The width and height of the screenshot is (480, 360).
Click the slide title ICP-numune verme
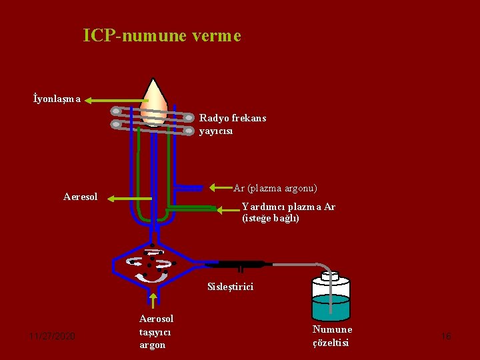pos(162,35)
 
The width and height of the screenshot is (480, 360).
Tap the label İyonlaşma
pos(57,99)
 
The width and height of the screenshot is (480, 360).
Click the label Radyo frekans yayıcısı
pos(232,124)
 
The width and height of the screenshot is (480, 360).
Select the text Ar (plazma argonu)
pos(275,188)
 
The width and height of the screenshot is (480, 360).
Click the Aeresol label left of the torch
pos(80,197)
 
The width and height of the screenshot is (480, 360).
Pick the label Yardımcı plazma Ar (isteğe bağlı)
pos(288,212)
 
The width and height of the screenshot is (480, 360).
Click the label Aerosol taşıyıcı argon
pos(156,331)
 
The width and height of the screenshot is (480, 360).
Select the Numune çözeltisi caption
pos(332,336)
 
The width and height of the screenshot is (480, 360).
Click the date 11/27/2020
pos(52,336)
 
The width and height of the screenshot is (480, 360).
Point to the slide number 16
pos(446,337)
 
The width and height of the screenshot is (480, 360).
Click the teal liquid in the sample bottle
pos(331,308)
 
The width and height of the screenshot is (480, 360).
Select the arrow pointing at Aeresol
pos(130,198)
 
